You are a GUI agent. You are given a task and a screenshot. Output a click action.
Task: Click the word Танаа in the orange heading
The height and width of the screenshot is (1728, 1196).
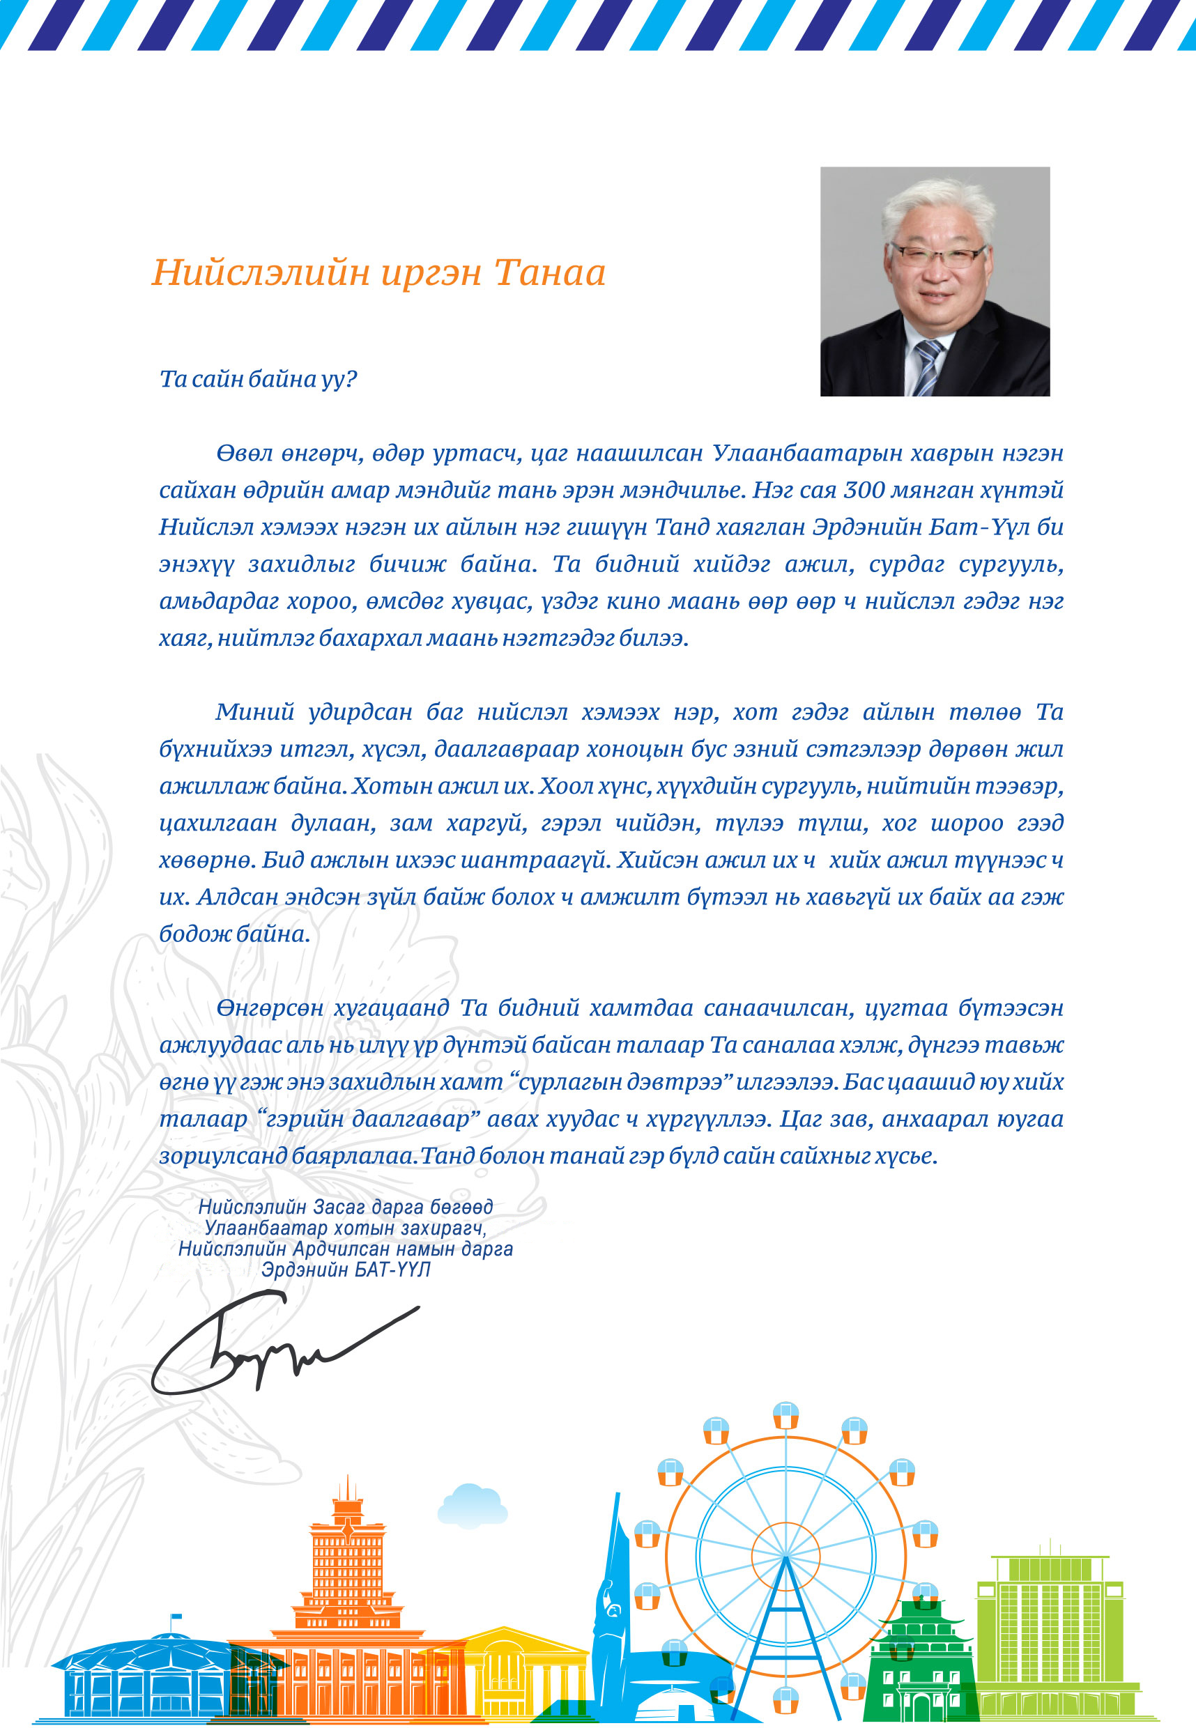coord(549,272)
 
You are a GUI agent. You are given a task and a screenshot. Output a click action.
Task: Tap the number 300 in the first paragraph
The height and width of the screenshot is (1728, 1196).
coord(864,490)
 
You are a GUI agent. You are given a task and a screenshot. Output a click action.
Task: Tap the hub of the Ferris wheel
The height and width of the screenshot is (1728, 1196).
coord(785,1557)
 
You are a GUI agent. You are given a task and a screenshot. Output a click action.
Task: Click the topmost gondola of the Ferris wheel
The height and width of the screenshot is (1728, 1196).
coord(785,1414)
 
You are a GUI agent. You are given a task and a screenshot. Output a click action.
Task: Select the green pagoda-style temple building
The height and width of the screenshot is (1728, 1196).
coord(921,1656)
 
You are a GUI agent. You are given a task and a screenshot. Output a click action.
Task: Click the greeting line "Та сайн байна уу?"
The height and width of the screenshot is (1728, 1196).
coord(258,379)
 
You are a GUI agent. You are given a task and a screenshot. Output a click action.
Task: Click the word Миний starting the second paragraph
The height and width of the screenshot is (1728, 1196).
coord(255,711)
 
